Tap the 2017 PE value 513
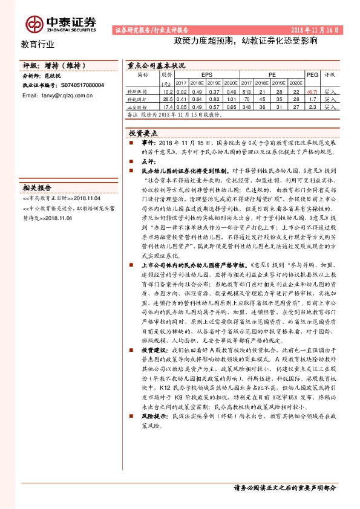point(247,90)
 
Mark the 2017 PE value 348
point(247,106)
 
